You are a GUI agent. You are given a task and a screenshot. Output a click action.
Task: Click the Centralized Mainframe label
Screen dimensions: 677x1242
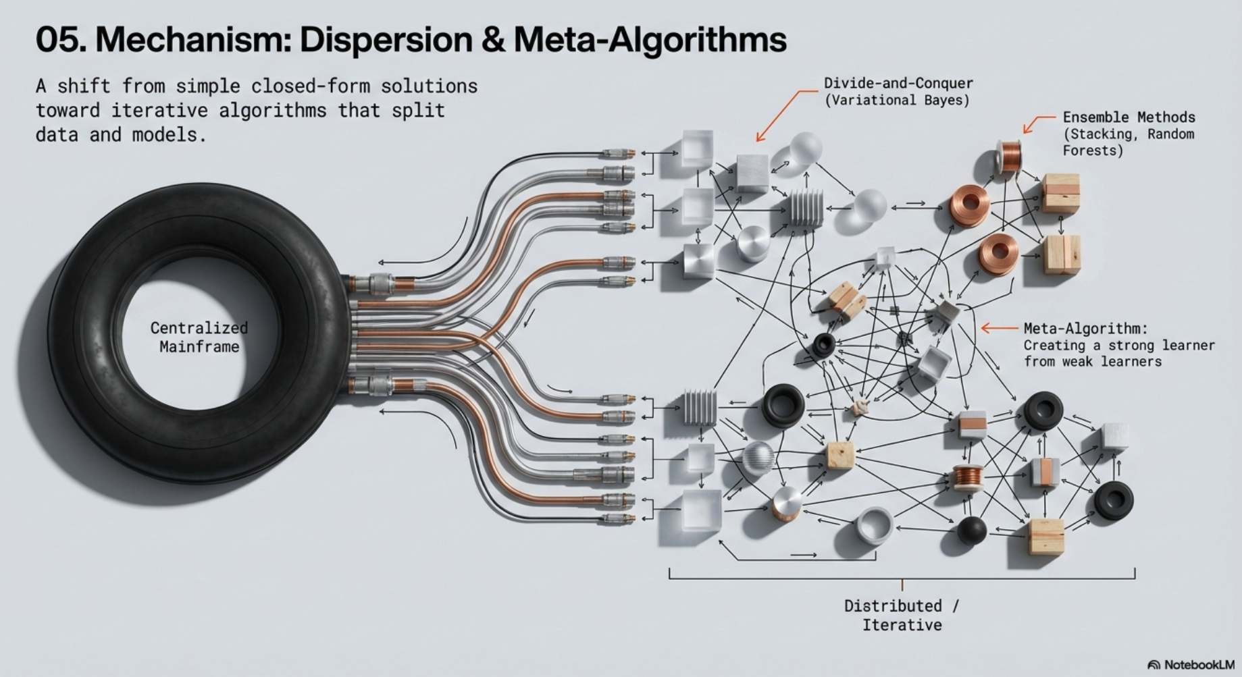[x=199, y=337]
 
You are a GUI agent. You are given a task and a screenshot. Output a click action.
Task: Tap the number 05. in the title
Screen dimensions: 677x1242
[x=61, y=40]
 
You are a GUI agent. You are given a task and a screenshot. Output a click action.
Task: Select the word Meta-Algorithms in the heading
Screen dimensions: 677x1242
[x=650, y=40]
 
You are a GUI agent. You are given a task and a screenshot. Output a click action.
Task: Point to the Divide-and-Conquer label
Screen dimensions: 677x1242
[x=898, y=83]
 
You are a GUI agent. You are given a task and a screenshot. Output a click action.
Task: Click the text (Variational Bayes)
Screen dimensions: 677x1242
[x=897, y=100]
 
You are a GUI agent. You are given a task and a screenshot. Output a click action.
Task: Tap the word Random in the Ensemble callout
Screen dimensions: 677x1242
[x=1170, y=134]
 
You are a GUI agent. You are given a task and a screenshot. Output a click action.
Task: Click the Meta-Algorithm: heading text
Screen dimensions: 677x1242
[x=1085, y=328]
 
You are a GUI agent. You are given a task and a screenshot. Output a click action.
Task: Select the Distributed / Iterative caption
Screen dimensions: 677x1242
[x=902, y=615]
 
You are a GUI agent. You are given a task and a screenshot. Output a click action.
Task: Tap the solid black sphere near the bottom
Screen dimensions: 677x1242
[x=971, y=529]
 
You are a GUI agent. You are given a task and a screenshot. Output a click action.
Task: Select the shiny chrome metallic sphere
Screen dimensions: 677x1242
[x=758, y=458]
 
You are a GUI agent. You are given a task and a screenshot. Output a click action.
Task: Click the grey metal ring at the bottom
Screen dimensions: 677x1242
[x=875, y=525]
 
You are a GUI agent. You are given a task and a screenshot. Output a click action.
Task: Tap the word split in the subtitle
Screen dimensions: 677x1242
[x=418, y=110]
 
